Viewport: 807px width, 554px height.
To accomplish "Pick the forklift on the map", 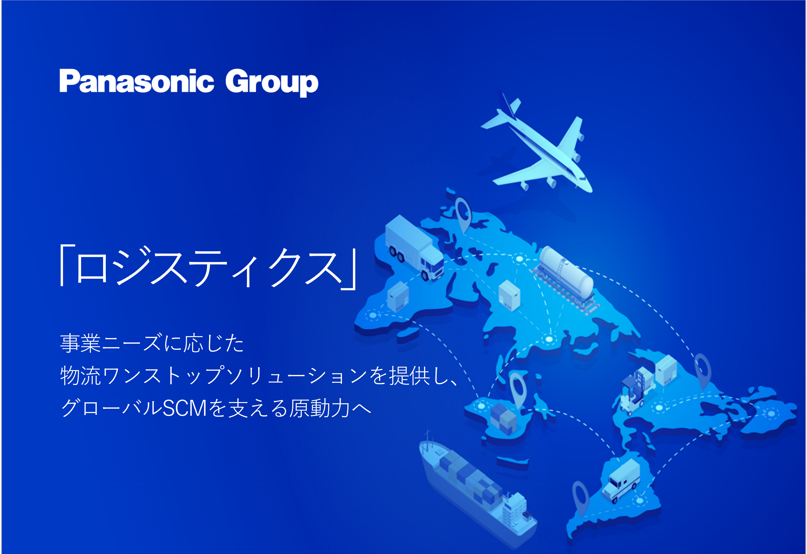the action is point(632,396).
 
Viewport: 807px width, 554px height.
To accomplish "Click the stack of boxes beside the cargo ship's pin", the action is point(503,418).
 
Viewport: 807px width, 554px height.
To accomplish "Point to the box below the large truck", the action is point(398,296).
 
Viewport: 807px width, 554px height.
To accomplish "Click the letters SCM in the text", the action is point(185,408).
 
